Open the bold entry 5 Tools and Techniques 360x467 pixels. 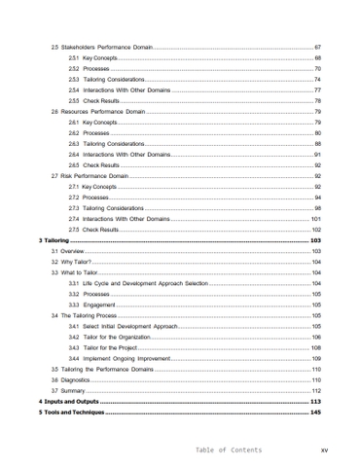71,412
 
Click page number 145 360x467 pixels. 315,412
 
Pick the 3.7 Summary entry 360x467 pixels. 74,390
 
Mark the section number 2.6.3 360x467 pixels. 74,144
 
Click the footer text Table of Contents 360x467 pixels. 229,449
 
